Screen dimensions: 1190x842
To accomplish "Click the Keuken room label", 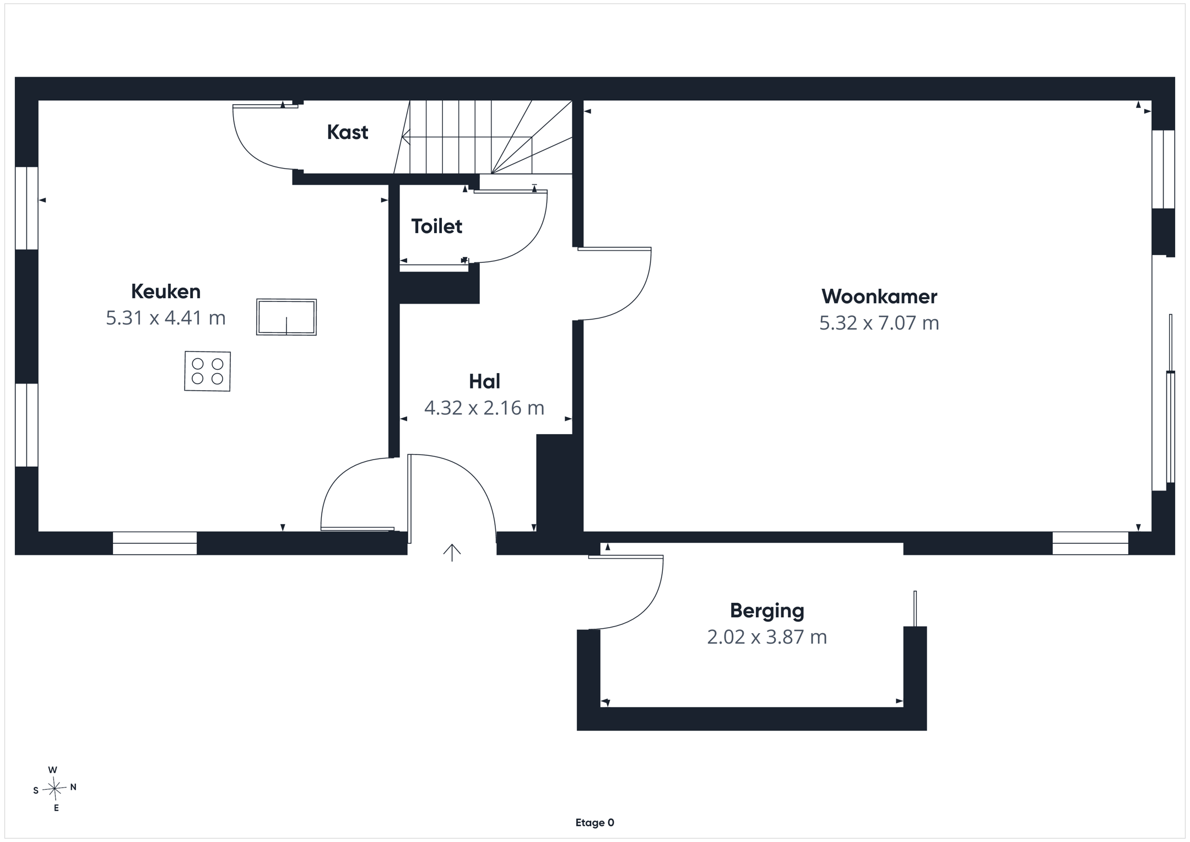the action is pos(166,291).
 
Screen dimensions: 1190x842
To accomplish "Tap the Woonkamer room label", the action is pos(879,296).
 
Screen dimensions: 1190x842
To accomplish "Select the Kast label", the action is pos(348,132).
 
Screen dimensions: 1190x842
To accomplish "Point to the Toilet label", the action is pos(437,226).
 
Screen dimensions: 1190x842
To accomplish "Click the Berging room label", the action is pos(767,611).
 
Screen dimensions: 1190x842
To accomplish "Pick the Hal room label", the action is pos(485,381).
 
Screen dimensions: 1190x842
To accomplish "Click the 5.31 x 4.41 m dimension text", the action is pos(166,318).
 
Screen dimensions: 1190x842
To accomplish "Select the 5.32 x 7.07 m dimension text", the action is pos(879,323).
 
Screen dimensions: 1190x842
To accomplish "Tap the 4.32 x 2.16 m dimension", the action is pos(484,408).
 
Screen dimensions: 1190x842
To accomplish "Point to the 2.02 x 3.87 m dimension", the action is pos(767,637).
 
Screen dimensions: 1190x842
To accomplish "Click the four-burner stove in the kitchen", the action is pos(207,371).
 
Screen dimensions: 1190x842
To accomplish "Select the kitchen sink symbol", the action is pos(286,317).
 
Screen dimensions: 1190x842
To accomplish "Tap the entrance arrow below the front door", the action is pos(452,553).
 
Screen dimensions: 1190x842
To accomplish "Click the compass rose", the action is pos(55,789).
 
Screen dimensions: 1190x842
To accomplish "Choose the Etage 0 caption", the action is pos(595,823).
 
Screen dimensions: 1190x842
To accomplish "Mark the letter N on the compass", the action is pos(73,787).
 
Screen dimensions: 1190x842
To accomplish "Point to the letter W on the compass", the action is pos(53,770).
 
